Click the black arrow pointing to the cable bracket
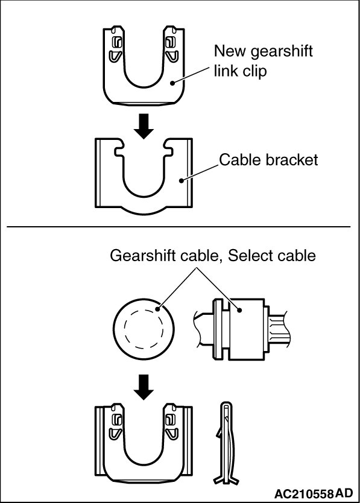(144, 125)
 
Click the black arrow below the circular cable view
(144, 387)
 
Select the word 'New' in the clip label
(230, 51)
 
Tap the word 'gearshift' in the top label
(282, 52)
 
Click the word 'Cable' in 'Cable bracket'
(239, 160)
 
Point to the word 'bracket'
(292, 160)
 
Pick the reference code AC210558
(304, 493)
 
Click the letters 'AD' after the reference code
(344, 493)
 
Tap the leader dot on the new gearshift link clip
(172, 83)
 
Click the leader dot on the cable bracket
(182, 180)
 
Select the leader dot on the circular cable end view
(157, 309)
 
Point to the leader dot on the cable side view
(239, 310)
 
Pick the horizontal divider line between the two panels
(178, 227)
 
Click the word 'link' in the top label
(224, 70)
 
